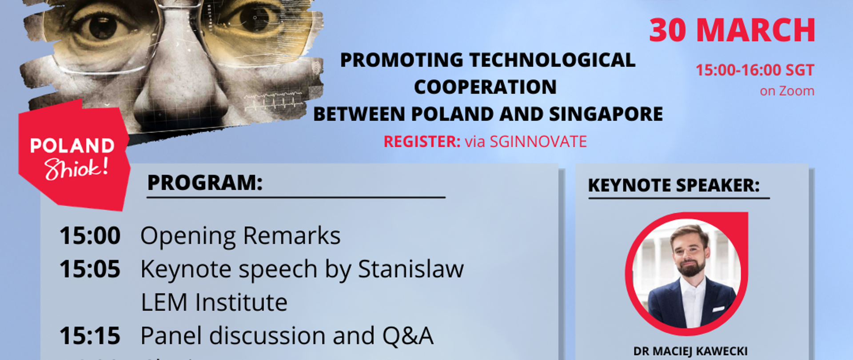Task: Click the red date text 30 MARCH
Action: [732, 30]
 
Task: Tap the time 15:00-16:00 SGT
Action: [754, 70]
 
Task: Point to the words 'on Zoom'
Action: [787, 91]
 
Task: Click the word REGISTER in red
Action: [422, 142]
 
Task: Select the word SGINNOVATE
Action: [538, 142]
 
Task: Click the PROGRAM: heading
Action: [205, 183]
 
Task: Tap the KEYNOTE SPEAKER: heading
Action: [674, 185]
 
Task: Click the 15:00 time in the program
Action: [90, 236]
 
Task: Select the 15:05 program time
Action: [90, 269]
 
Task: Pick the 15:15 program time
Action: [90, 336]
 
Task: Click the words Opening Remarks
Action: [240, 236]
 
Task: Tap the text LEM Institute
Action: [214, 303]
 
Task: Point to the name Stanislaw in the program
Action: [411, 269]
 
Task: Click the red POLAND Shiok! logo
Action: [73, 158]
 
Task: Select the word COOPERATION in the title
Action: [485, 87]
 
